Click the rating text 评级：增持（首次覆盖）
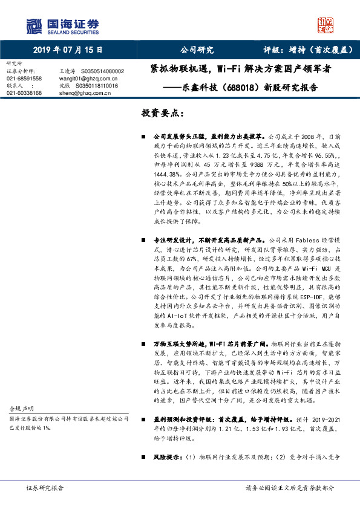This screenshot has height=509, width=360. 304,50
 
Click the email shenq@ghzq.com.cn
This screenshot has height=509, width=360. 79,92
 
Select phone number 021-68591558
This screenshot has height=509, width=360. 24,78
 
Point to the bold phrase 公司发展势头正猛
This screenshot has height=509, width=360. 176,137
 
